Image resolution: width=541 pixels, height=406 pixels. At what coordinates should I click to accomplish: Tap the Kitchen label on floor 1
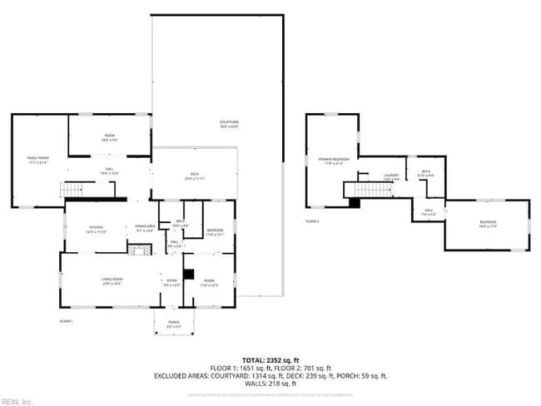pyautogui.click(x=97, y=230)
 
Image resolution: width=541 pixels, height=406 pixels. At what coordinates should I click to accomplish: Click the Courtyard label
pyautogui.click(x=230, y=124)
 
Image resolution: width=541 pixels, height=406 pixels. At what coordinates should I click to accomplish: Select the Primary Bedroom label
pyautogui.click(x=330, y=160)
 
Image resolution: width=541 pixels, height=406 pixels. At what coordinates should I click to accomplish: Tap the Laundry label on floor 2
pyautogui.click(x=391, y=176)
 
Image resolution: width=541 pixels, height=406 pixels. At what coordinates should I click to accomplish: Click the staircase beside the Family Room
pyautogui.click(x=72, y=190)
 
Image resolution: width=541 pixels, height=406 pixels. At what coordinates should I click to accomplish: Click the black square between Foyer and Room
pyautogui.click(x=188, y=274)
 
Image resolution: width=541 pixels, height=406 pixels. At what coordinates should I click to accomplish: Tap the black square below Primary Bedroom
pyautogui.click(x=354, y=202)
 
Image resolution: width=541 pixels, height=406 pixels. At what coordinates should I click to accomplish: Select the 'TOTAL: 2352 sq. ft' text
pyautogui.click(x=270, y=359)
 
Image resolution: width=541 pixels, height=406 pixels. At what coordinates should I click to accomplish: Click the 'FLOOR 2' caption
pyautogui.click(x=312, y=221)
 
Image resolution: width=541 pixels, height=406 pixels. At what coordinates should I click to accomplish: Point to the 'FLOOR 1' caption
pyautogui.click(x=67, y=320)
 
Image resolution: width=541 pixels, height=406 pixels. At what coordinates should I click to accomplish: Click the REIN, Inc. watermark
pyautogui.click(x=17, y=401)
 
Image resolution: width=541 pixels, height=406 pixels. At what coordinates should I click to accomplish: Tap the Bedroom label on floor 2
pyautogui.click(x=487, y=223)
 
